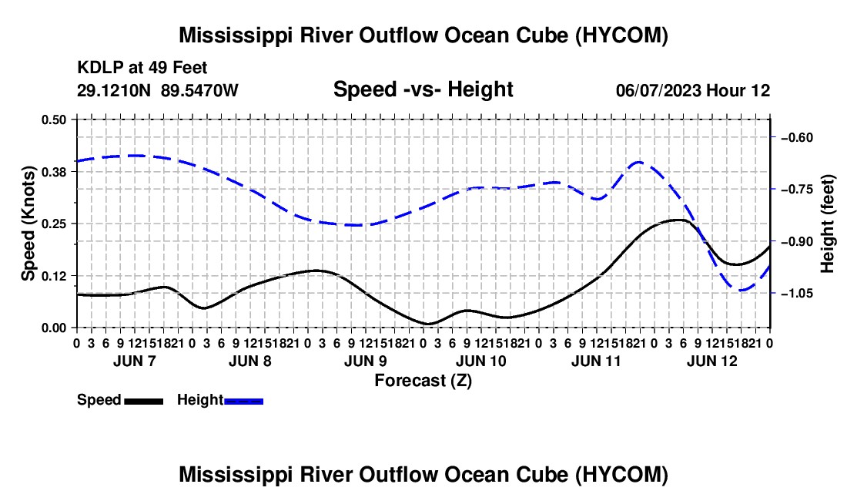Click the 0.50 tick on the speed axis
click(53, 119)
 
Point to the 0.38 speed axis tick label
click(53, 172)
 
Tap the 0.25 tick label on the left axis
click(53, 224)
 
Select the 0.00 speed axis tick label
click(53, 328)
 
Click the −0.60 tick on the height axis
click(797, 138)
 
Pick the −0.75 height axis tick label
click(797, 190)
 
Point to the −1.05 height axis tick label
click(797, 294)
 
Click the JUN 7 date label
click(135, 361)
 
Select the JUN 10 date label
click(481, 361)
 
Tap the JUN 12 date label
click(712, 361)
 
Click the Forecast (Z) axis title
click(423, 381)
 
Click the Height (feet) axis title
click(827, 224)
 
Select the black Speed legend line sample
click(144, 402)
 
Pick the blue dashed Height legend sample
click(243, 402)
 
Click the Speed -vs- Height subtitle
click(423, 89)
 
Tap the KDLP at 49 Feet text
click(142, 68)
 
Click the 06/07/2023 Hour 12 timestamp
click(693, 90)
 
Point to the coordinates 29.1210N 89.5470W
click(157, 90)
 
